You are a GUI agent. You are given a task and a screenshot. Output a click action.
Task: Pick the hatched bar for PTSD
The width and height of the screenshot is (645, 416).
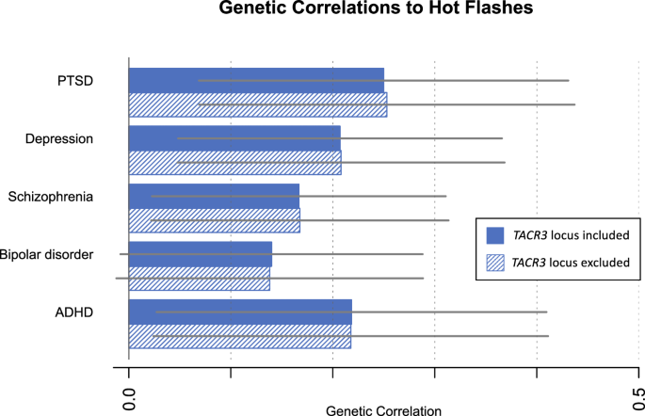coord(257,104)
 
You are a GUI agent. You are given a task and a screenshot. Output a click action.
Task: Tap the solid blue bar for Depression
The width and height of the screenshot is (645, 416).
coord(234,138)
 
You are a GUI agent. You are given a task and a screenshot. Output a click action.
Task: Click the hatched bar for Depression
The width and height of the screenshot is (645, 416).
coord(234,163)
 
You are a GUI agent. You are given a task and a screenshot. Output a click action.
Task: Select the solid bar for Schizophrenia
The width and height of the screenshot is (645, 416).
coord(214,196)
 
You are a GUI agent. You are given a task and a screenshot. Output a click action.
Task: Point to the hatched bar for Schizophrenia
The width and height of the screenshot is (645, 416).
coord(214,220)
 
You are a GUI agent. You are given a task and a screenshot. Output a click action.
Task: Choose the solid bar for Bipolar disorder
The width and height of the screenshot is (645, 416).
coord(200,254)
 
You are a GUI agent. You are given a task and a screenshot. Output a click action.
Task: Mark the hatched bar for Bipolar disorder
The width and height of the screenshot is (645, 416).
coord(199,279)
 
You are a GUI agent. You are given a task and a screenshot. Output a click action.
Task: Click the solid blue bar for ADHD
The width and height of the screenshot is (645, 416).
coord(240,312)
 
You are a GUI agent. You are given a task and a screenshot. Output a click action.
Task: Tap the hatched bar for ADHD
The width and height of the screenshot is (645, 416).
coord(239,336)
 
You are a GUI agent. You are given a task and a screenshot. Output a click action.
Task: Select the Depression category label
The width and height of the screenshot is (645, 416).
coord(59,139)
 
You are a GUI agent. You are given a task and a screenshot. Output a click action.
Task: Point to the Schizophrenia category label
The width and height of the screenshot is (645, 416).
coord(50,197)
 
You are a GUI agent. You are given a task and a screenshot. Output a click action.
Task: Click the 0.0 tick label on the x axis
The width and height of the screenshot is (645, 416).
coord(129,395)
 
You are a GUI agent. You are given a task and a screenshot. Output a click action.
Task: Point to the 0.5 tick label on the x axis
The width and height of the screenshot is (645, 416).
coord(637,395)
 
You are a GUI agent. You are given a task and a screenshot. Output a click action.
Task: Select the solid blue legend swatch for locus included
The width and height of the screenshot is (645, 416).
coord(494,234)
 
